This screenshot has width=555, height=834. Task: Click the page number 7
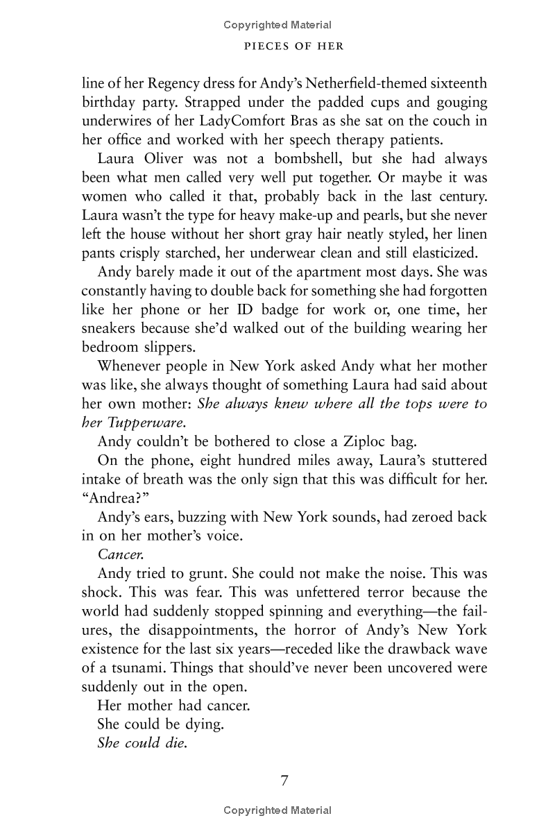click(284, 780)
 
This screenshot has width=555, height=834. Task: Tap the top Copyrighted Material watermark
click(277, 25)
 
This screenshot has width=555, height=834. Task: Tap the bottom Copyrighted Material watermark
click(277, 810)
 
